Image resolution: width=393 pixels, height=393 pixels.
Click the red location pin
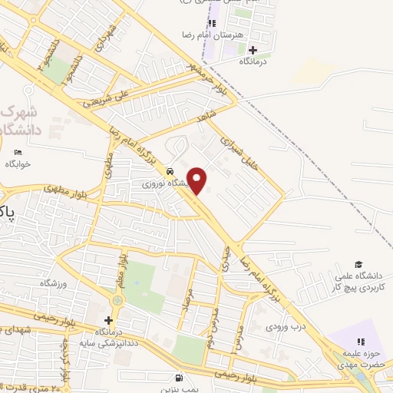tap(197, 180)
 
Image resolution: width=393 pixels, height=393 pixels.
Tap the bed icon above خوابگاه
tap(18, 153)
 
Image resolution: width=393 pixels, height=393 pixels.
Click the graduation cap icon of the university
tap(358, 264)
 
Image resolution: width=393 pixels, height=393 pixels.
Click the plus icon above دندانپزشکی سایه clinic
tap(108, 320)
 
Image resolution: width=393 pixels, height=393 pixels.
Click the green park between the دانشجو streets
tap(59, 71)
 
